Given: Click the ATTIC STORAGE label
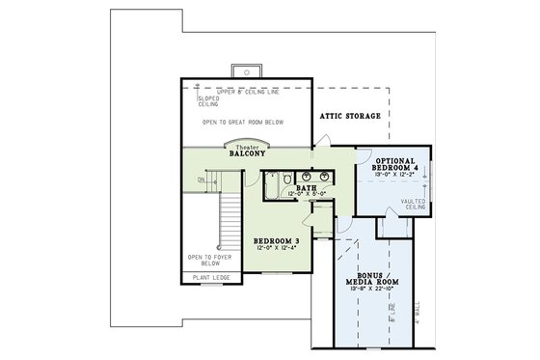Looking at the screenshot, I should [x=350, y=116].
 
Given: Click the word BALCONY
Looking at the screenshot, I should [x=248, y=153].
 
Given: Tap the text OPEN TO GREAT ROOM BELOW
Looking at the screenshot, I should [x=246, y=125].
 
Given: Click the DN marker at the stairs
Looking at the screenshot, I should [x=201, y=179].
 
